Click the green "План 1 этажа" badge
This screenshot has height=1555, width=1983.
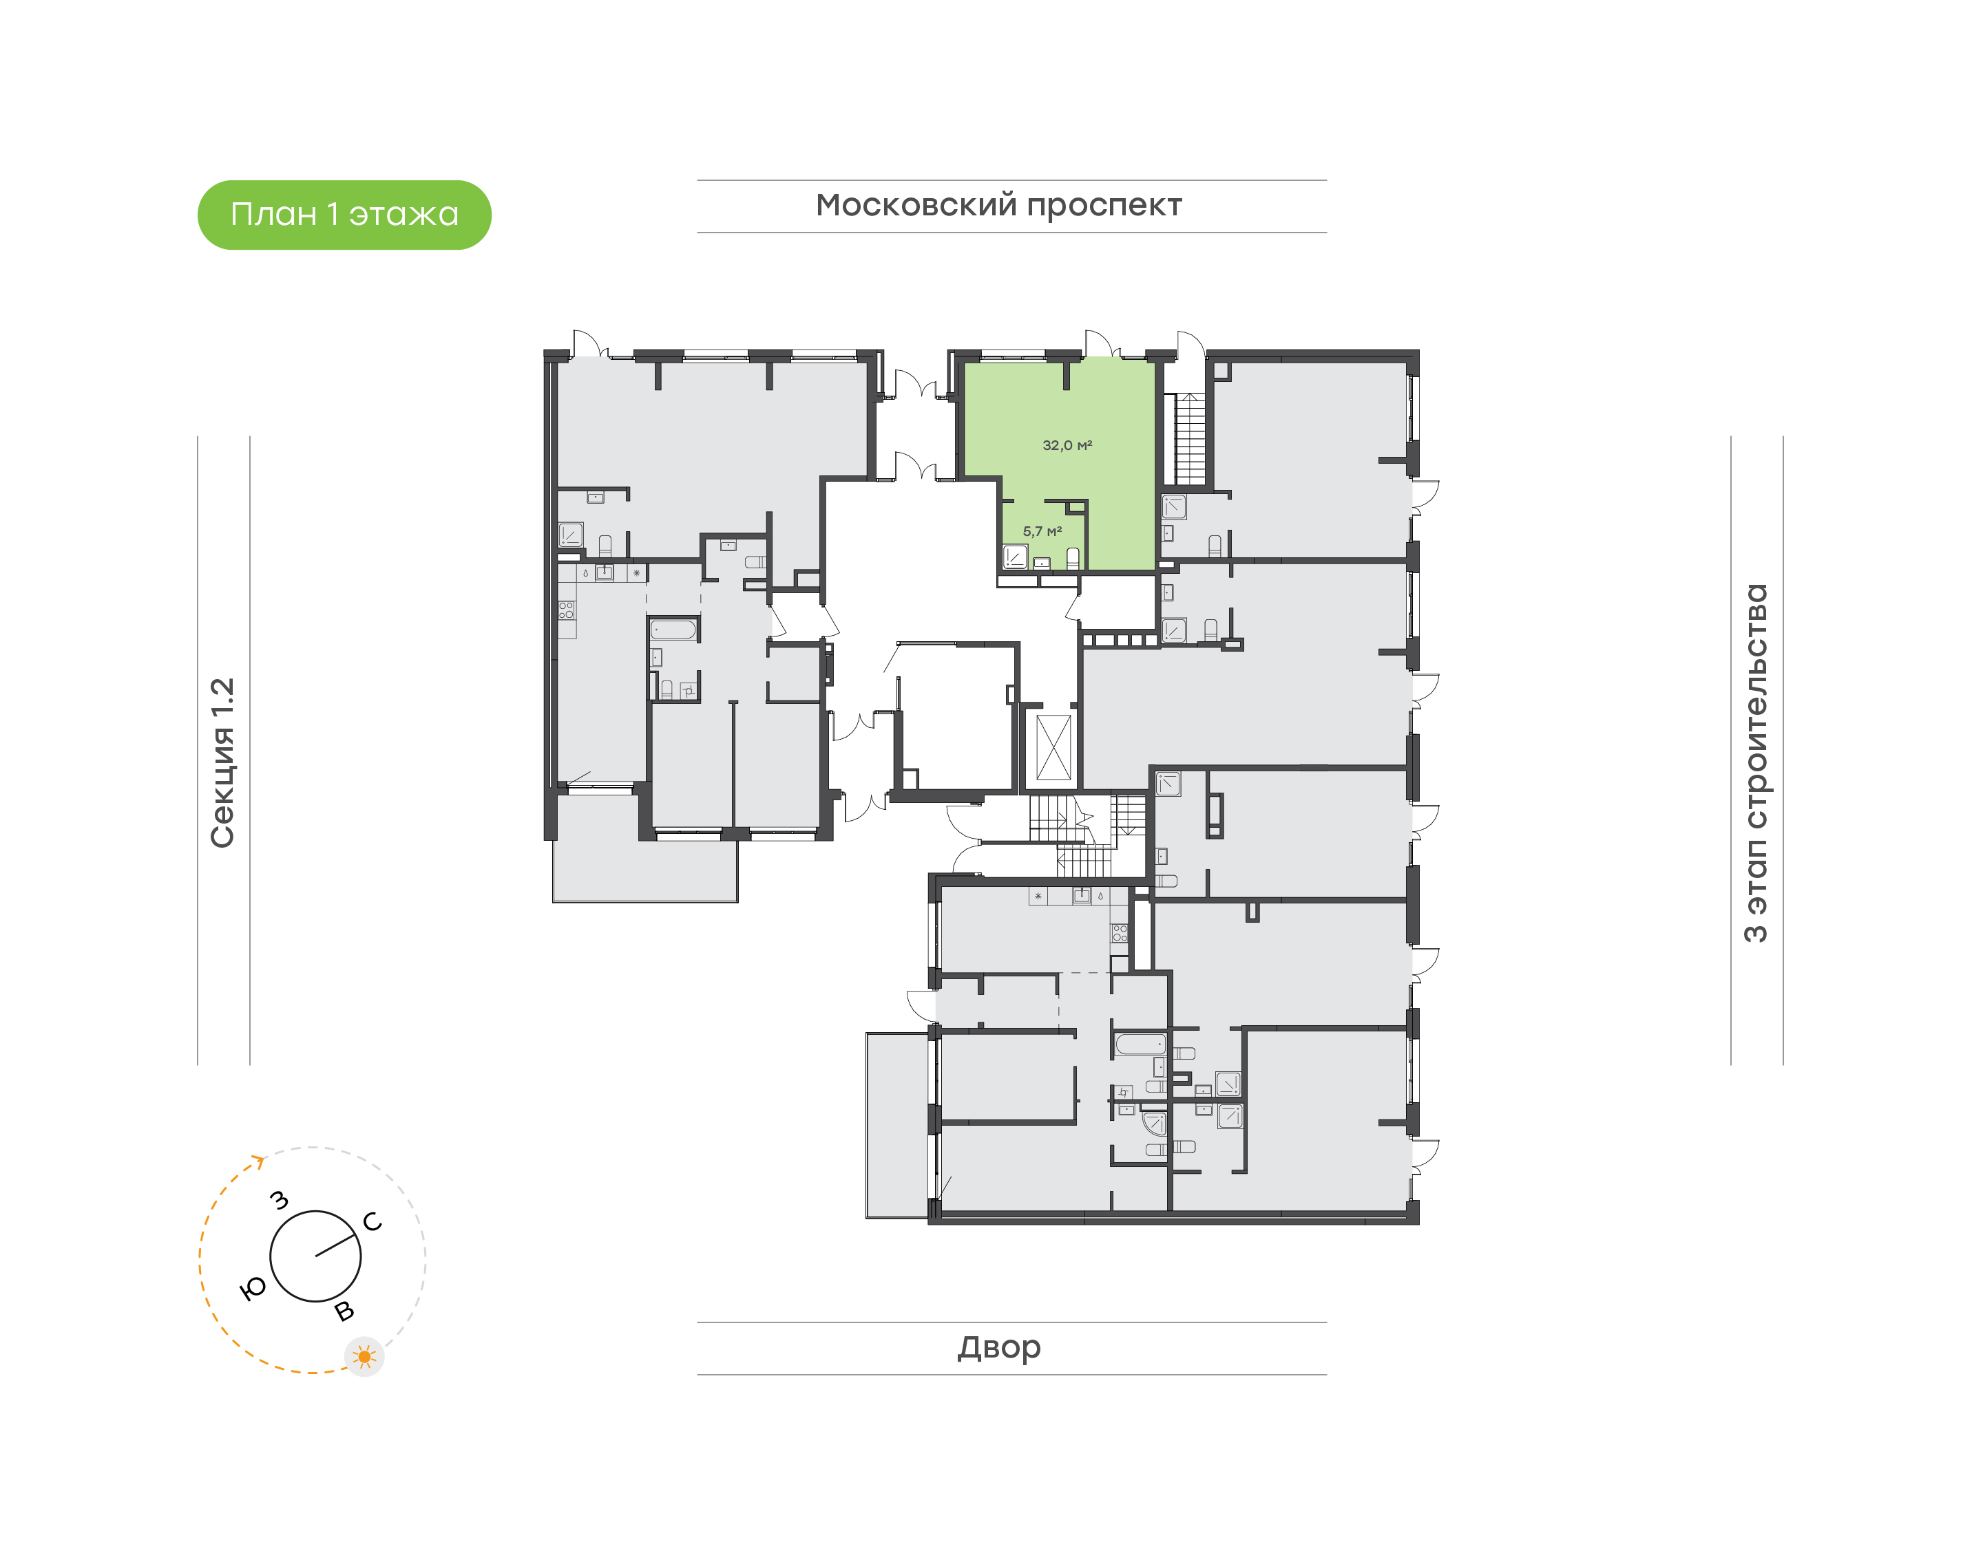(344, 215)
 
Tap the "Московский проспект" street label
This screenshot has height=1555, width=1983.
(998, 206)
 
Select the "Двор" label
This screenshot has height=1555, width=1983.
(999, 1347)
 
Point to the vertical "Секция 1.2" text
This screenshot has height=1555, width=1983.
(223, 763)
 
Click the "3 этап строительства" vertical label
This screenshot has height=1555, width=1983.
(1755, 763)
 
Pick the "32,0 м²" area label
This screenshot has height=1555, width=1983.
(1067, 445)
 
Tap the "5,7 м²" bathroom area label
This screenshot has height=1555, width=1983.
(1042, 530)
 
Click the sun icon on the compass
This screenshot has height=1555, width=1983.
(364, 1358)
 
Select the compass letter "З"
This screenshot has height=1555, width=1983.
(280, 1200)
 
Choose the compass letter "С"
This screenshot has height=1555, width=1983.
(373, 1222)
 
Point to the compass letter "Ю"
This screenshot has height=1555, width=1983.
(252, 1288)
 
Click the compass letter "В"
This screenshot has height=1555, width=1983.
(344, 1311)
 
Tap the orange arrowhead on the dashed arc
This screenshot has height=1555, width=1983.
(259, 1161)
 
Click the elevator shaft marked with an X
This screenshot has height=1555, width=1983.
(1054, 747)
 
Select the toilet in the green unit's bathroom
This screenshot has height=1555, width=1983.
(1073, 558)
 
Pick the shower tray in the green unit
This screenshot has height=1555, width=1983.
(1016, 556)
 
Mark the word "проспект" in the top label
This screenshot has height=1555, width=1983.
(1104, 206)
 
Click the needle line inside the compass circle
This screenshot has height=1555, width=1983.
(335, 1245)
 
